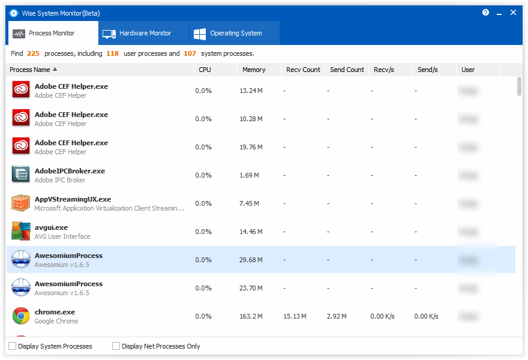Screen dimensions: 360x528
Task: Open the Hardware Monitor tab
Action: [144, 34]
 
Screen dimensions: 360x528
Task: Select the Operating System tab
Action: [235, 34]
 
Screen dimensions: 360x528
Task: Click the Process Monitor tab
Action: [52, 34]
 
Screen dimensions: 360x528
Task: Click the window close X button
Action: [513, 13]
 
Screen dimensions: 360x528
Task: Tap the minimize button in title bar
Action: [499, 13]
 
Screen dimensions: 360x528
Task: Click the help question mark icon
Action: [485, 13]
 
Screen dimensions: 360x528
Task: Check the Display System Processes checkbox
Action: [13, 346]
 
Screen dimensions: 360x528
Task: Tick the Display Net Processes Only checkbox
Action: [116, 346]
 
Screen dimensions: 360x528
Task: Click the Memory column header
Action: [254, 70]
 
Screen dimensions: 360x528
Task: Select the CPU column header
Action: [205, 70]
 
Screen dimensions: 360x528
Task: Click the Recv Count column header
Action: [303, 70]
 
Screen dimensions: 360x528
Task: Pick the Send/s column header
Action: [428, 70]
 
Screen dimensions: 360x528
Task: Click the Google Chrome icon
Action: [21, 316]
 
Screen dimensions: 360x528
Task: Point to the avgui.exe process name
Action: [51, 227]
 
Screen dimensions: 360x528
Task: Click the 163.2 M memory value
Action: [251, 316]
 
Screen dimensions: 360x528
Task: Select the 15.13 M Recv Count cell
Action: [295, 316]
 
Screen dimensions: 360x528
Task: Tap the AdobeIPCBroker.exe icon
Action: [21, 175]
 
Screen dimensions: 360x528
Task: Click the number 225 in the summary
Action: [33, 53]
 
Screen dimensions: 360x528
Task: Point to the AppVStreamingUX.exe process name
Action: [73, 199]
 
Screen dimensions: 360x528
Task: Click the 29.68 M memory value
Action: [251, 260]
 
